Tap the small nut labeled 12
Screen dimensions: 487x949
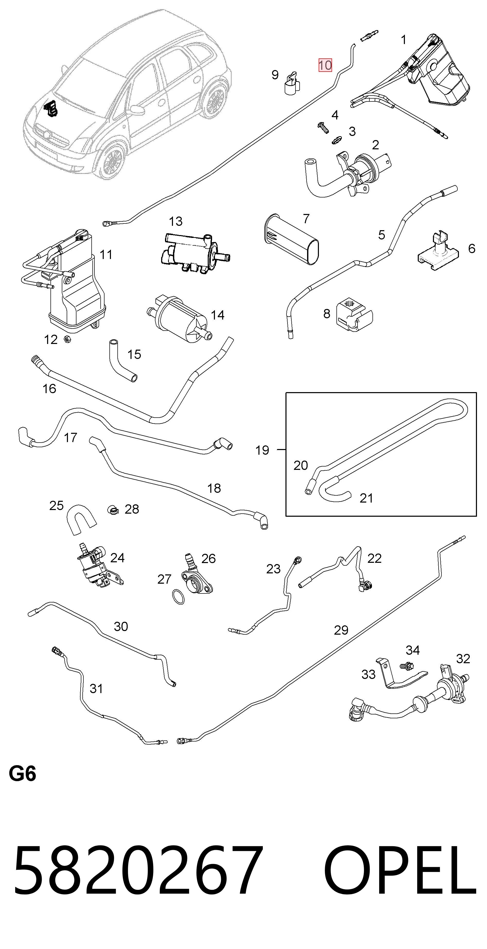[x=67, y=339]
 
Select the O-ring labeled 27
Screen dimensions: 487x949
[x=179, y=597]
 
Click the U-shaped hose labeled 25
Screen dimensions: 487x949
[x=81, y=520]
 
